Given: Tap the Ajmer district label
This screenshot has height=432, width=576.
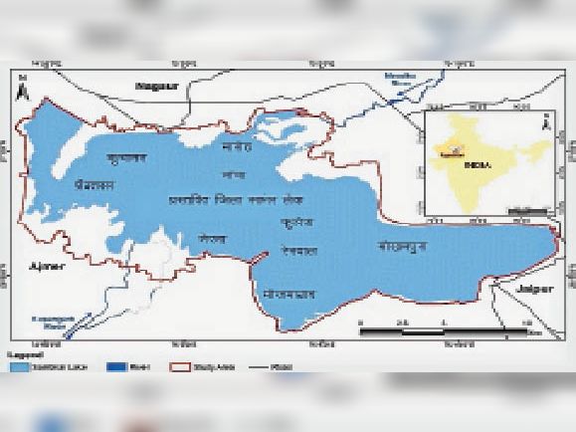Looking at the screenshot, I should tap(46, 266).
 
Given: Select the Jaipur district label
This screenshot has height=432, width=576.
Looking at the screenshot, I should tap(529, 286).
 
